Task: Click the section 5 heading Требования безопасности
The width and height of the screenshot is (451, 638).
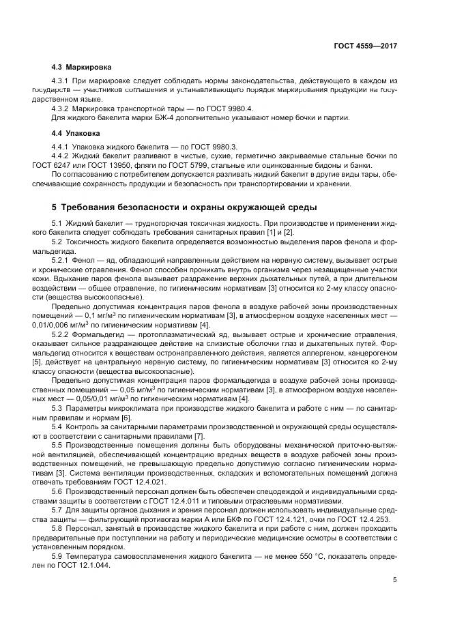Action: [184, 207]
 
